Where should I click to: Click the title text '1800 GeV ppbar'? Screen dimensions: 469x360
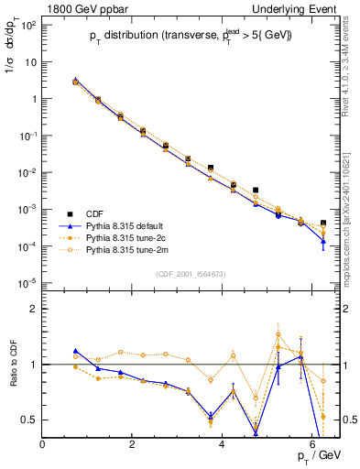coord(80,8)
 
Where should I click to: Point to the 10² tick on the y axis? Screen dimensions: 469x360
coord(27,24)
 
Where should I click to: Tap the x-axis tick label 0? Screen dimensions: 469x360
coord(42,444)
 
